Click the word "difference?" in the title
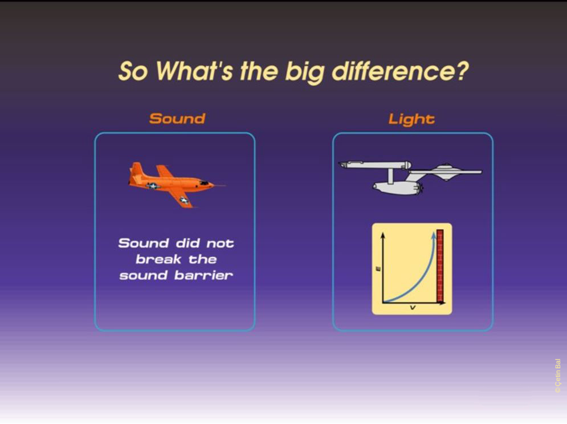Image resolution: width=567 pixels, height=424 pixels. pyautogui.click(x=400, y=71)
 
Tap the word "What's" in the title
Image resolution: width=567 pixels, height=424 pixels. pyautogui.click(x=194, y=71)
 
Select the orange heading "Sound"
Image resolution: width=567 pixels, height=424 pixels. pyautogui.click(x=177, y=119)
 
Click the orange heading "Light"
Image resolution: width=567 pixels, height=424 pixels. pyautogui.click(x=411, y=119)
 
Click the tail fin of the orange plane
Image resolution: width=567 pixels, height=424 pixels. pyautogui.click(x=136, y=169)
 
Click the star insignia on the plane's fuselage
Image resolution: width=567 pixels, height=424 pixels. pyautogui.click(x=153, y=186)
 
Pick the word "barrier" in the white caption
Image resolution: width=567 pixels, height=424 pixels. pyautogui.click(x=203, y=276)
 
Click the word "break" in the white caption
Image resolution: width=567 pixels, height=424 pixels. pyautogui.click(x=158, y=259)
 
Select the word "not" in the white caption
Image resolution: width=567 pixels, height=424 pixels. pyautogui.click(x=220, y=243)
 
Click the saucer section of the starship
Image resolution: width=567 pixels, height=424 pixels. pyautogui.click(x=447, y=172)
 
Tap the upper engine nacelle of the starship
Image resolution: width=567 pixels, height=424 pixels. pyautogui.click(x=375, y=165)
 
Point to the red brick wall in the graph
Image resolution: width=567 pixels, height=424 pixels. pyautogui.click(x=440, y=266)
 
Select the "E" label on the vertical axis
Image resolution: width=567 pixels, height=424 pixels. pyautogui.click(x=378, y=268)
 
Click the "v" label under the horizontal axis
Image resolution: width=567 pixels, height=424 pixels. pyautogui.click(x=413, y=308)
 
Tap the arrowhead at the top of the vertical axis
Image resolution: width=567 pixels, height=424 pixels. pyautogui.click(x=384, y=235)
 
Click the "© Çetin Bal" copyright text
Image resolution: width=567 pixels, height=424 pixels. pyautogui.click(x=558, y=376)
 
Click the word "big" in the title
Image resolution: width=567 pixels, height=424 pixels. pyautogui.click(x=304, y=71)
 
